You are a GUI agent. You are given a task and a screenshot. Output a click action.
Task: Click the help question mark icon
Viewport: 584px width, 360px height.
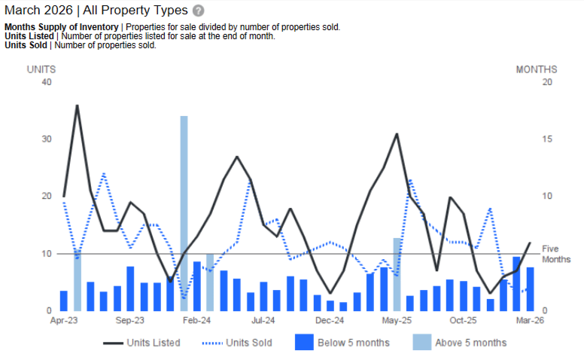pyautogui.click(x=198, y=11)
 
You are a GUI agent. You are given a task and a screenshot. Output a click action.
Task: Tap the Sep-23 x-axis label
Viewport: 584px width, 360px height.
pyautogui.click(x=129, y=320)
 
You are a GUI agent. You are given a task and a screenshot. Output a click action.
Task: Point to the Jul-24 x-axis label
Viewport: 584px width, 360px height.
pyautogui.click(x=263, y=320)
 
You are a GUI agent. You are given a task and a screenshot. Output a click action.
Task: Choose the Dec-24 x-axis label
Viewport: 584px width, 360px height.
pyautogui.click(x=330, y=320)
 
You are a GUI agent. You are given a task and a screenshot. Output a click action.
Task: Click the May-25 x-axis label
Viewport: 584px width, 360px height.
pyautogui.click(x=397, y=320)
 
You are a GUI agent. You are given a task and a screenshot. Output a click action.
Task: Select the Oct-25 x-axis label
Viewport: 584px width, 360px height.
pyautogui.click(x=463, y=320)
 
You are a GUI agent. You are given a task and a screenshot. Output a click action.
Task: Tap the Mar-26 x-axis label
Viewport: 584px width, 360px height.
pyautogui.click(x=529, y=320)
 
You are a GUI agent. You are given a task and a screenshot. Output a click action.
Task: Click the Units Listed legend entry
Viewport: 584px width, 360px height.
pyautogui.click(x=142, y=343)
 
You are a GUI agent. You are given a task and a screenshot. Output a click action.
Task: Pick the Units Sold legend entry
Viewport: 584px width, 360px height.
pyautogui.click(x=238, y=343)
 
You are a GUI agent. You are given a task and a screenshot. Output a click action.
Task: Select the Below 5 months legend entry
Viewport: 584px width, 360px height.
pyautogui.click(x=342, y=343)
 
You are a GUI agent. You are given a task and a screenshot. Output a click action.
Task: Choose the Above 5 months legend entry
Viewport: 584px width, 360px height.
pyautogui.click(x=460, y=343)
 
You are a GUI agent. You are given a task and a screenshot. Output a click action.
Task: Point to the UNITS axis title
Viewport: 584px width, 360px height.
pyautogui.click(x=41, y=69)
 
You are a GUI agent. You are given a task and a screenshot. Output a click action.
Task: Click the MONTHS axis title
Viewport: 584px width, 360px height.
pyautogui.click(x=537, y=69)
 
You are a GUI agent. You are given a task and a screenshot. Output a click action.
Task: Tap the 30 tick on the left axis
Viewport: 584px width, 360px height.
pyautogui.click(x=47, y=139)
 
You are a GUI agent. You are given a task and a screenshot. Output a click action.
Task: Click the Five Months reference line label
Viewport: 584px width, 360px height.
pyautogui.click(x=556, y=254)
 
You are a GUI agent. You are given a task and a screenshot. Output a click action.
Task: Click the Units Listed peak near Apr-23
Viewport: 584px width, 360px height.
pyautogui.click(x=77, y=105)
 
